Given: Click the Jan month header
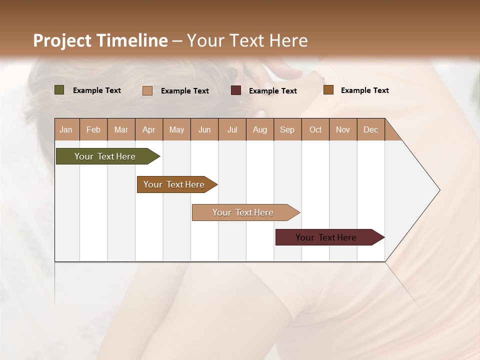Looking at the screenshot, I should point(66,129).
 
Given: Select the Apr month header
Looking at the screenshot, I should point(149,129).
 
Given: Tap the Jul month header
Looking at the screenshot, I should point(232,129).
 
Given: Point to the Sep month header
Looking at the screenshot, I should point(287,129).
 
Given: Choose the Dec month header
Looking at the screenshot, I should point(370,129).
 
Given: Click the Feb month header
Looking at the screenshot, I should point(93,129).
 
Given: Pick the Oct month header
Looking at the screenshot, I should point(315,129).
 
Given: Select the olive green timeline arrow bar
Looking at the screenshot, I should point(105,156).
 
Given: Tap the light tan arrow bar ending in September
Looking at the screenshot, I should point(243,212).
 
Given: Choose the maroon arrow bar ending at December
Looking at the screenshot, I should point(326,237).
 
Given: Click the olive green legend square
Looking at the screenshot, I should point(59,90).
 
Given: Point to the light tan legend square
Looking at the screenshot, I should point(147,90).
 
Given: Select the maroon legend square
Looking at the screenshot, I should point(236,90).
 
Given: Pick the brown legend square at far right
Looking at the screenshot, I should point(328,90).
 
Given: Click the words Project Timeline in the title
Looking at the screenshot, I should point(100,40).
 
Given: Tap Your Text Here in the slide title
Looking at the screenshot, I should point(247,40).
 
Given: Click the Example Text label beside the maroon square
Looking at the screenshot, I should point(273,91).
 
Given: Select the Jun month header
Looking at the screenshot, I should point(204,129).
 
